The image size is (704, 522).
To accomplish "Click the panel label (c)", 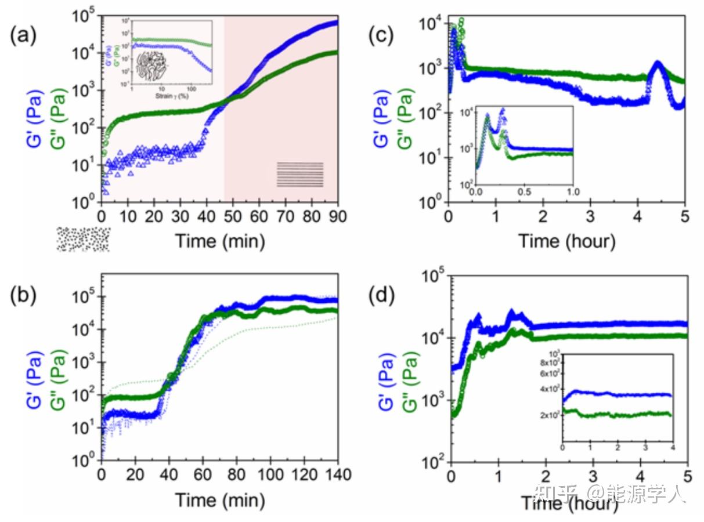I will (x=381, y=36).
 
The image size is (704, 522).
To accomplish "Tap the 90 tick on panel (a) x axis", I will (x=338, y=216).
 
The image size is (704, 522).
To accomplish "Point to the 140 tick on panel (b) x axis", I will (x=336, y=475).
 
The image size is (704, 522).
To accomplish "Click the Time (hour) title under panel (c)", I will (x=566, y=240).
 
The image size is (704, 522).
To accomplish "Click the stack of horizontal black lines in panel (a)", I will (x=299, y=175).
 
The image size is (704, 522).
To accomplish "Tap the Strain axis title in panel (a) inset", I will (x=172, y=95).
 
